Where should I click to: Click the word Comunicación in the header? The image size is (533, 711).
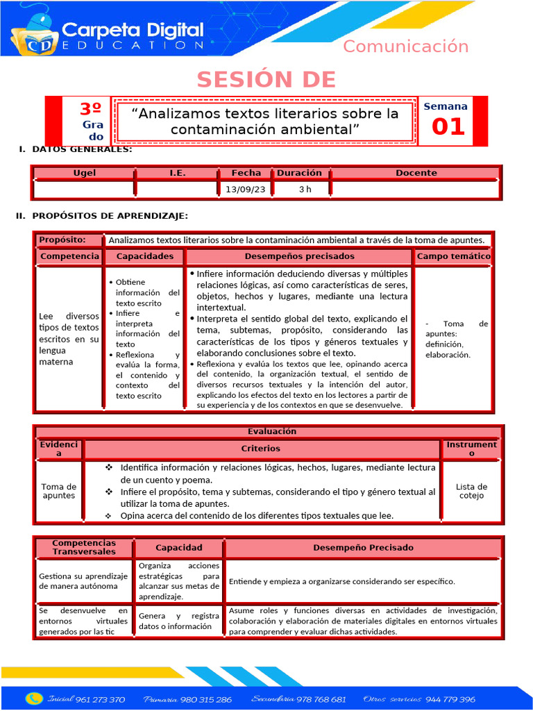(406, 47)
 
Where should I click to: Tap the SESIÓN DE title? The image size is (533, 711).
(266, 80)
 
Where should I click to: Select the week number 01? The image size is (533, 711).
(448, 127)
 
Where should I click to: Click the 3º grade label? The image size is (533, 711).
(90, 109)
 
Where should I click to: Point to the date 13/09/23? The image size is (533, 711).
(246, 189)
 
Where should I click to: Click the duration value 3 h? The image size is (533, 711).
(305, 189)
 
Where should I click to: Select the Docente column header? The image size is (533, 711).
(416, 173)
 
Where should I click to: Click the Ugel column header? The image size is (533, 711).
(85, 173)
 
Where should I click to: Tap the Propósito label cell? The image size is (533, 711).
(62, 240)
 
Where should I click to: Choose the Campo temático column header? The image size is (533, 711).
(453, 256)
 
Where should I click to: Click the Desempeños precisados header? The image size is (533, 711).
(299, 256)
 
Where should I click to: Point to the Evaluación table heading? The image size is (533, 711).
(266, 431)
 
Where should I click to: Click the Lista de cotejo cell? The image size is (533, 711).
(471, 491)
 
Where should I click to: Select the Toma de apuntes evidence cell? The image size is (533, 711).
(59, 491)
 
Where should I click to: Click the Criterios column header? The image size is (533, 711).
(261, 449)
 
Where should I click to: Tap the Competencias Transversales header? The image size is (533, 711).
(84, 547)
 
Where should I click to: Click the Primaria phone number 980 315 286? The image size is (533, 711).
(206, 699)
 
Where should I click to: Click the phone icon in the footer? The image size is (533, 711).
(33, 699)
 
